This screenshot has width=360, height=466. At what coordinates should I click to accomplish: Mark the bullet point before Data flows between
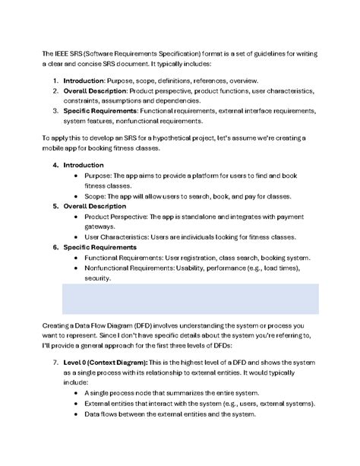pos(77,414)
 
